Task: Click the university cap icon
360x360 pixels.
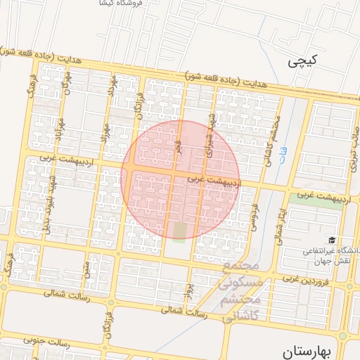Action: point(330,240)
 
